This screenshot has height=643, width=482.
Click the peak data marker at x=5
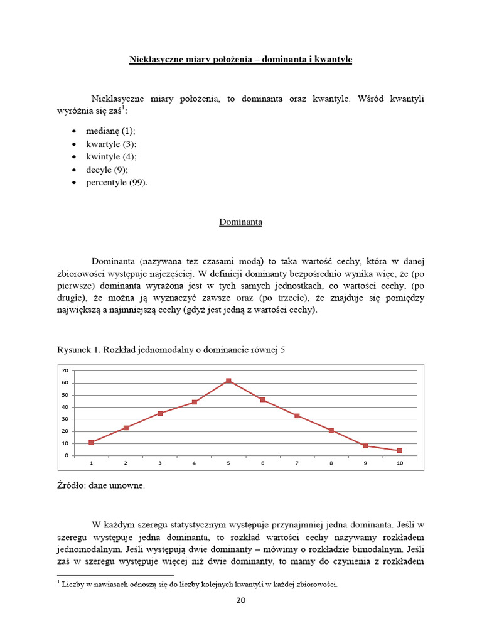tap(228, 381)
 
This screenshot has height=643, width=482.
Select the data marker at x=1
tap(92, 442)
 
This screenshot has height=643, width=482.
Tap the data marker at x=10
tap(400, 450)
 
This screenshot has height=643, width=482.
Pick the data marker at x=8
tap(331, 430)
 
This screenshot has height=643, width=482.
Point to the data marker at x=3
tap(160, 413)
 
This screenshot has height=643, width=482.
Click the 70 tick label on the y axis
tap(65, 371)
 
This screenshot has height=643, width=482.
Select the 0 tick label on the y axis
tap(67, 455)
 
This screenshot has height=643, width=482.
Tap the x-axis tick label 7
tap(297, 463)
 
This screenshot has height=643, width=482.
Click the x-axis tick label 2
tap(126, 463)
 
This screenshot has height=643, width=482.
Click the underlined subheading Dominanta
tap(240, 222)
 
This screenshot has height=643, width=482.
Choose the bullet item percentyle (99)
tap(117, 183)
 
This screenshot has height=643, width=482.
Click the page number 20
tap(241, 600)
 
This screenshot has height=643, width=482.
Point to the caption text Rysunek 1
tap(78, 350)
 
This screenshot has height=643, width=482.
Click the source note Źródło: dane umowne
tap(101, 486)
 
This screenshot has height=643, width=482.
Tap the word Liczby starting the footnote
tap(73, 585)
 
